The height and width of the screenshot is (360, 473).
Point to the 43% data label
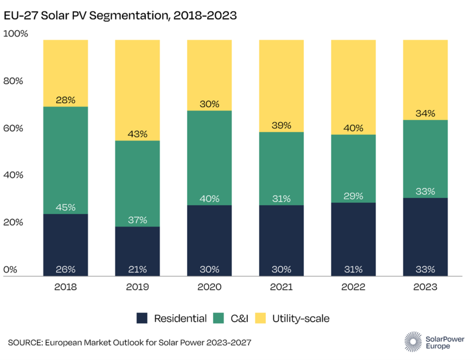pos(137,134)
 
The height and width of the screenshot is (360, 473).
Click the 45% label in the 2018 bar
pos(65,207)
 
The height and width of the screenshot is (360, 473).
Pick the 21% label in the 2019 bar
pos(137,269)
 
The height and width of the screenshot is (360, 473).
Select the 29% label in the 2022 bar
pos(353,196)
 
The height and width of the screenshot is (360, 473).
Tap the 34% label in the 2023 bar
pos(425,113)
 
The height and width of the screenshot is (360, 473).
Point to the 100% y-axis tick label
pos(16,34)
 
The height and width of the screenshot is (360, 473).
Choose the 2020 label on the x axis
pos(209,287)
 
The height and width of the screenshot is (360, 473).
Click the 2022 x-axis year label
pos(353,287)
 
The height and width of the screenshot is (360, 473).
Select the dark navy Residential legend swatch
pos(142,319)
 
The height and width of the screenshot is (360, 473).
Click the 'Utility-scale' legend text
pos(300,319)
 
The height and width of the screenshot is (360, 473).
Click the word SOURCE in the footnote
pos(25,343)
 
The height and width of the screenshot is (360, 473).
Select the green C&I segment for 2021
pos(281,168)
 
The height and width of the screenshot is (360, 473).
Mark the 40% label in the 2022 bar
pos(353,128)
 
